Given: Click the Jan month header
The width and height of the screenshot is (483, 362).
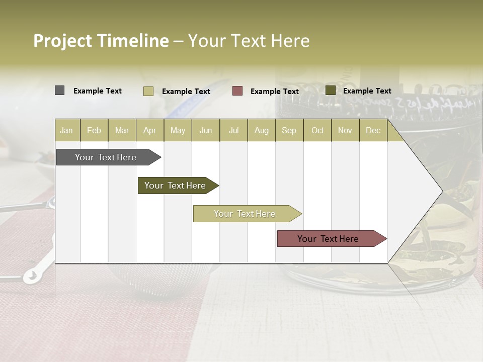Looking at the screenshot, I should tap(67, 130).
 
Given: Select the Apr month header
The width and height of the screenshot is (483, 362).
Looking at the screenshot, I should tap(150, 130).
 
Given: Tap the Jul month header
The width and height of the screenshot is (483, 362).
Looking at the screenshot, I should tap(233, 130).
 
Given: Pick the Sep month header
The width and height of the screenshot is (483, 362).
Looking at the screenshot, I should tap(289, 130).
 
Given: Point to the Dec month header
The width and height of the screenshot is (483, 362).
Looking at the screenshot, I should tap(373, 130).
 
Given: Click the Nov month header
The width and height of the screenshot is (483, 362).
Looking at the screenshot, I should tap(345, 130).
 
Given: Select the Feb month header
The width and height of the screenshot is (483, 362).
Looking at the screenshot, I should tap(94, 130).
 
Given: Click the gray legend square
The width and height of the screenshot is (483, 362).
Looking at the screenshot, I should tap(59, 90).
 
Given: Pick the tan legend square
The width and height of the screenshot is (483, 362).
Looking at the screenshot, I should tap(148, 91).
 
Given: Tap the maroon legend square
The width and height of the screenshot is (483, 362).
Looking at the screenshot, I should tap(237, 91).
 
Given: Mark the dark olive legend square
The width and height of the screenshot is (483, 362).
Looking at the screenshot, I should tap(330, 90).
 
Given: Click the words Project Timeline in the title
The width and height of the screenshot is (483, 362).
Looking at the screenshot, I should tap(101, 41).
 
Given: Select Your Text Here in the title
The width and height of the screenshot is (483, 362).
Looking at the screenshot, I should tap(249, 41).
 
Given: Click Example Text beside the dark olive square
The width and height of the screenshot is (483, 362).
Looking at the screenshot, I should tap(367, 91).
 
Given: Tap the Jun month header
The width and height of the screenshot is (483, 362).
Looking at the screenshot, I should tap(206, 130).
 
